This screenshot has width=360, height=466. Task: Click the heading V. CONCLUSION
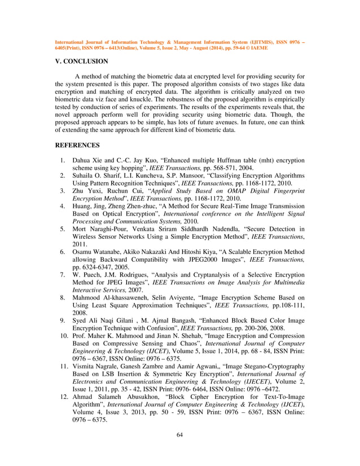point(81,61)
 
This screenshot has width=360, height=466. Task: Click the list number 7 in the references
point(64,274)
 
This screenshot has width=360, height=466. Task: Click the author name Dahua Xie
point(89,160)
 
